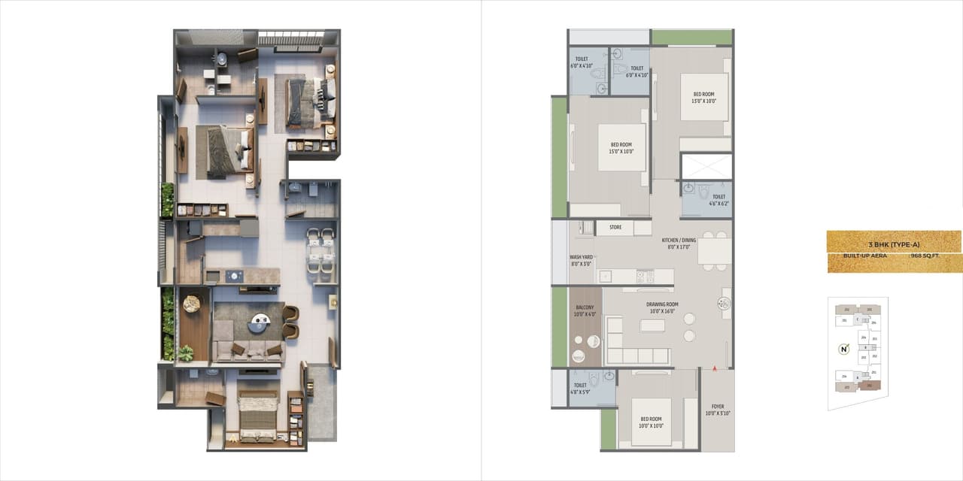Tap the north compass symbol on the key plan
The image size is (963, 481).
(844, 349)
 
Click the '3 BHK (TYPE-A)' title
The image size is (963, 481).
(894, 245)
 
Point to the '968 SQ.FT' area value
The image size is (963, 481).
(925, 256)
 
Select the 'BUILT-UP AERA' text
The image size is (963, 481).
(864, 256)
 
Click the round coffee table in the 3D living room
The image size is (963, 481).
(260, 322)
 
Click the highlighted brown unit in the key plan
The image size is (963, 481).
(869, 386)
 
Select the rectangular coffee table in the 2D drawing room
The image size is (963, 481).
(652, 325)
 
